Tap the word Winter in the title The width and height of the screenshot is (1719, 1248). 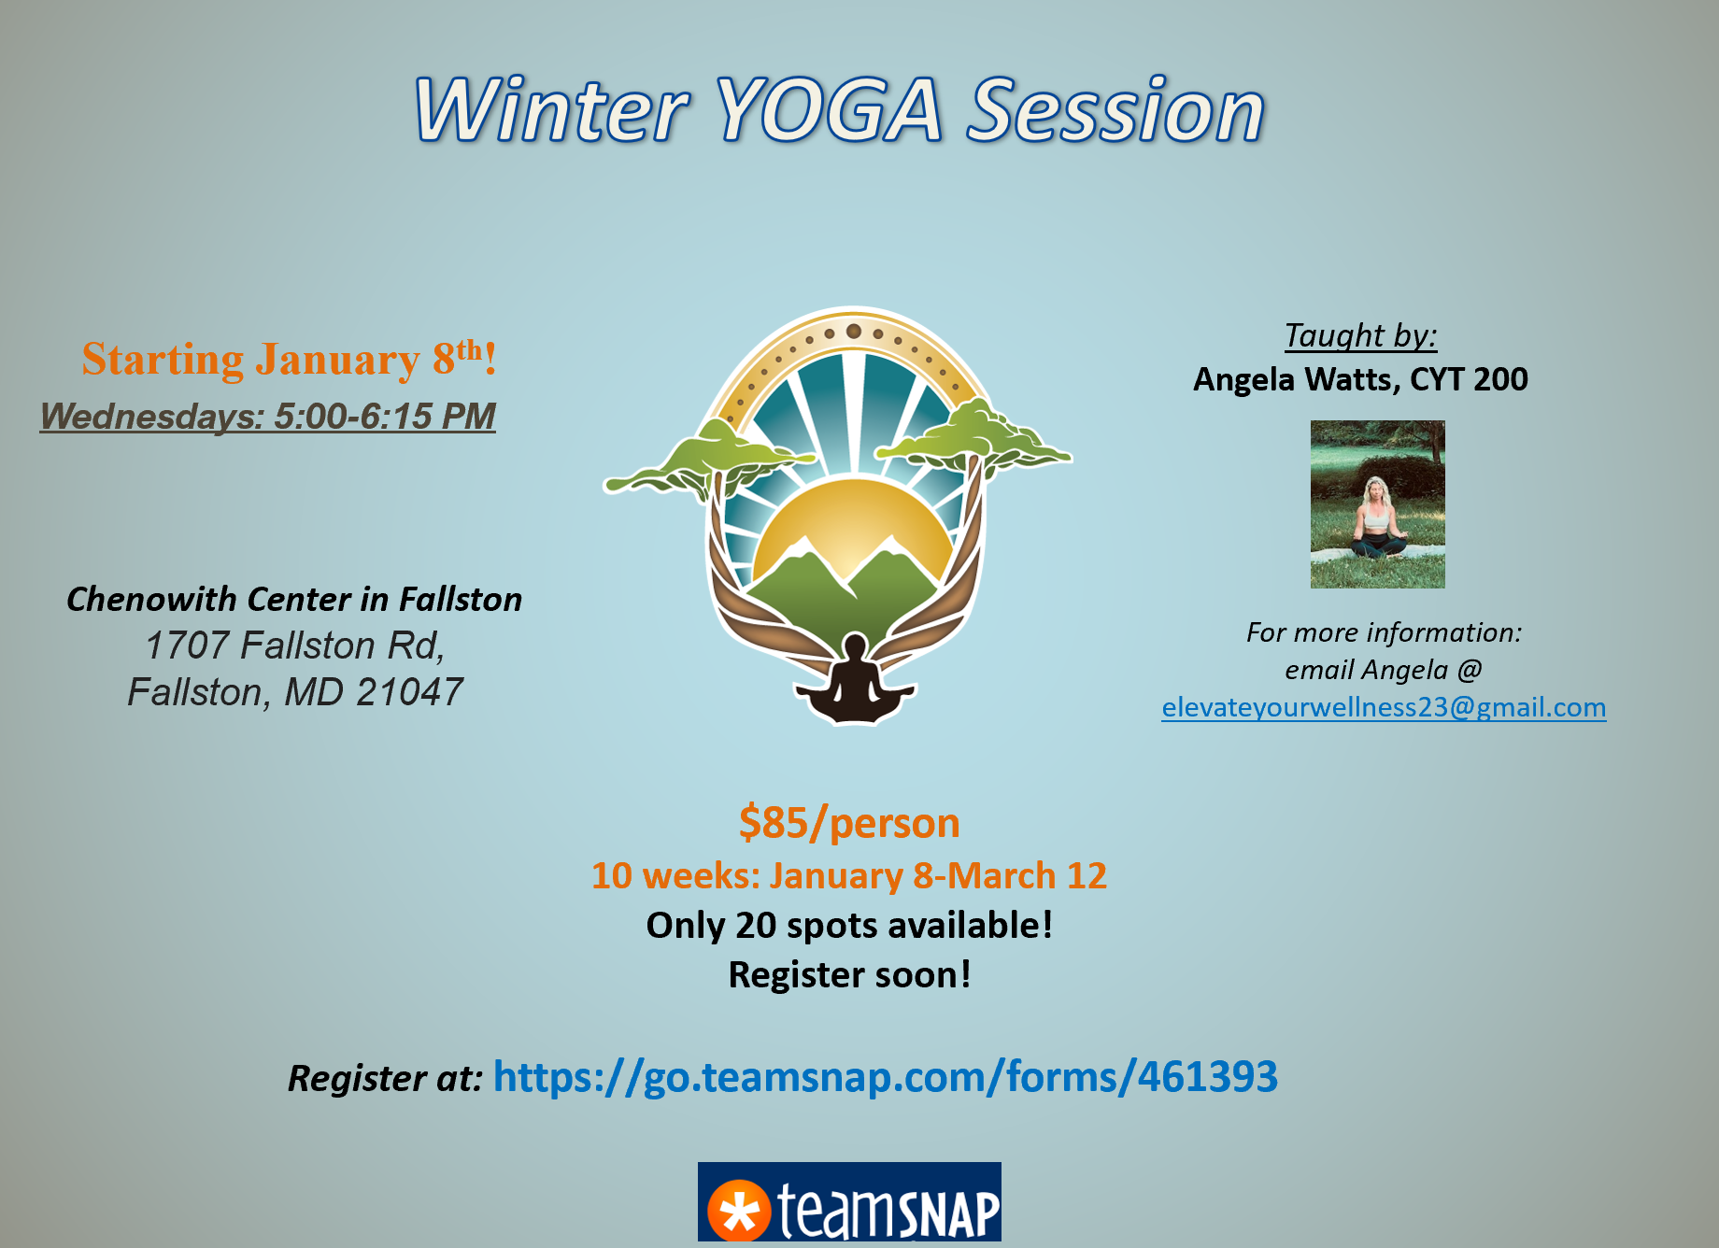551,110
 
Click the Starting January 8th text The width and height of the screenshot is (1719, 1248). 289,360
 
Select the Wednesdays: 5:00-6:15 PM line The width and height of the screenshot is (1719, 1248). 267,417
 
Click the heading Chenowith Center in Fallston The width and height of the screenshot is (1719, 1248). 294,599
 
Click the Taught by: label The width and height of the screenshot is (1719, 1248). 1360,335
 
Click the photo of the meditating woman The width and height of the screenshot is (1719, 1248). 1377,504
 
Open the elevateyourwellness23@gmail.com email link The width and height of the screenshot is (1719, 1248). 1384,707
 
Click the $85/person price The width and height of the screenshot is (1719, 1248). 849,823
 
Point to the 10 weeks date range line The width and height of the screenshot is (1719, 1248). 849,876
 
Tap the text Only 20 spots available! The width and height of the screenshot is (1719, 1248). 849,926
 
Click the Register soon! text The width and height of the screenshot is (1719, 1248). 849,975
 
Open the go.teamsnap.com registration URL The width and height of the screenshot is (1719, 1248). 885,1077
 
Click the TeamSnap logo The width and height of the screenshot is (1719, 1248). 849,1202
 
